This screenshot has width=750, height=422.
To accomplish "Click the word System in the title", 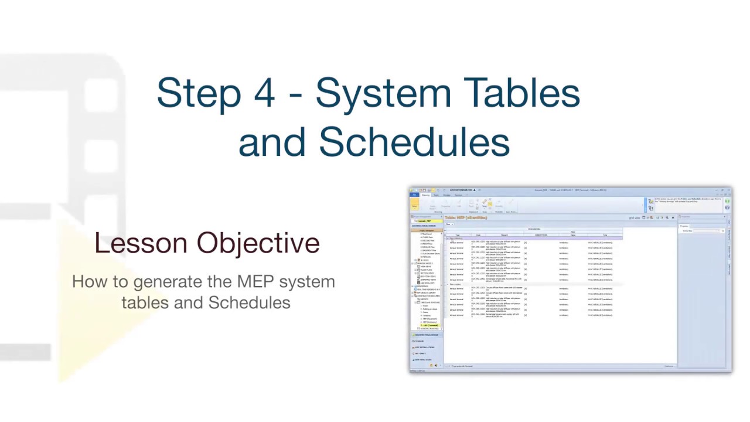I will click(374, 93).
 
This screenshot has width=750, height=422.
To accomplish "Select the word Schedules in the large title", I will click(414, 142).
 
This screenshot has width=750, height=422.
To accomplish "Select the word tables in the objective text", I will click(142, 302).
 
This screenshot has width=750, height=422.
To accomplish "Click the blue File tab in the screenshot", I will click(414, 195).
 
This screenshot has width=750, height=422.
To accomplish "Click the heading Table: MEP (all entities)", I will click(466, 217).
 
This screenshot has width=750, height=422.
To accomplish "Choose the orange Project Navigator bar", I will click(426, 230).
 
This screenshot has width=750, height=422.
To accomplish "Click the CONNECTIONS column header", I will click(541, 235).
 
